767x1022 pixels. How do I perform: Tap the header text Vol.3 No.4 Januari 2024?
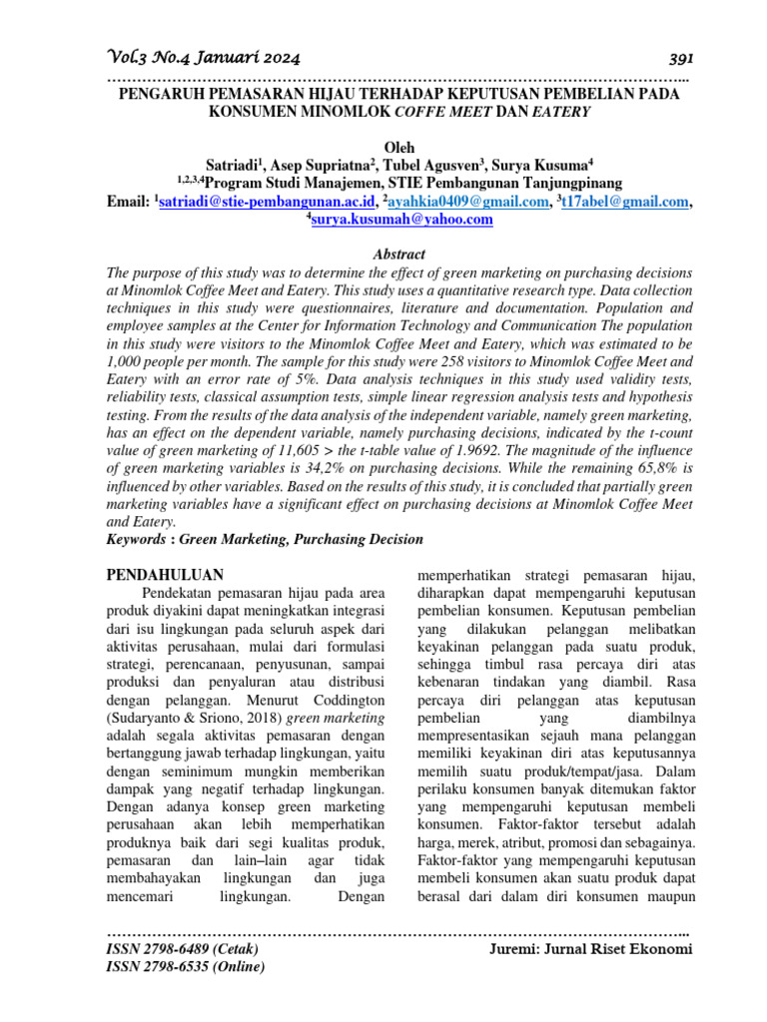tap(203, 57)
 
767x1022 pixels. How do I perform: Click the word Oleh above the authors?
tap(398, 147)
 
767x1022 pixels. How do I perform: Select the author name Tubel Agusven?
tap(432, 165)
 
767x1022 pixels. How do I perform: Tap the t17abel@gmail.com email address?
tap(626, 202)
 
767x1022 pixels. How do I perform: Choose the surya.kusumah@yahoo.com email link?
tap(401, 220)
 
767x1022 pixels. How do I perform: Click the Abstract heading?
tap(398, 255)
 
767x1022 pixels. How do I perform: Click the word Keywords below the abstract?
tap(137, 539)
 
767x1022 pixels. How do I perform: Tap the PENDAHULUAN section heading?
tap(164, 575)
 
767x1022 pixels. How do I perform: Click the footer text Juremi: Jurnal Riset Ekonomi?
tap(590, 949)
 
